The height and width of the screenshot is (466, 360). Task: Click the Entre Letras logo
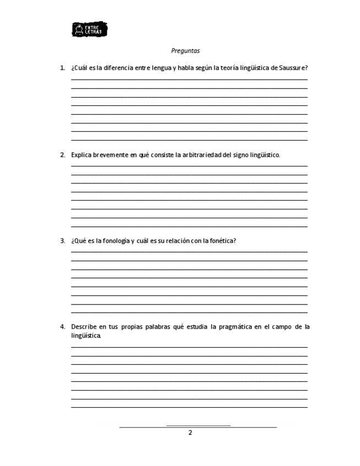(x=90, y=30)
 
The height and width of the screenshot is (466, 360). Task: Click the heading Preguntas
(x=185, y=51)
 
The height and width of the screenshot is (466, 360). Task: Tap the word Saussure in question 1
(x=292, y=68)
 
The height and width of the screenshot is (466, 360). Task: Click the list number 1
(x=62, y=68)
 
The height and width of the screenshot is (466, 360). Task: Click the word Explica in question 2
(x=81, y=155)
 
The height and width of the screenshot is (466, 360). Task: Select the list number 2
(x=62, y=155)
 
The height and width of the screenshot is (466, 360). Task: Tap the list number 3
(x=62, y=241)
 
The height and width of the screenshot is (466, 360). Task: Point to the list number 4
(x=62, y=326)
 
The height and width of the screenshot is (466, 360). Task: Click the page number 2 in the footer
(x=190, y=433)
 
